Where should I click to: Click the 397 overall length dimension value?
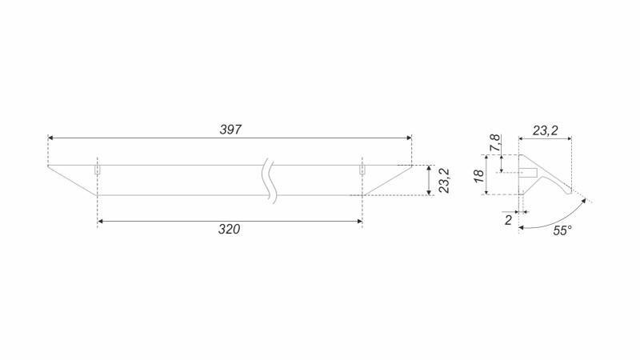coord(230,130)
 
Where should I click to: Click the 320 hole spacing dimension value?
coord(229,229)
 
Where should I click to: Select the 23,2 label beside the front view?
coord(444,181)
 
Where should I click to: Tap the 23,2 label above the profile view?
coord(545,130)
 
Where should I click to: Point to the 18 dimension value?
coord(478,175)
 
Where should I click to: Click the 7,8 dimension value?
coord(495,143)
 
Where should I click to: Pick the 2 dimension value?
coord(508,220)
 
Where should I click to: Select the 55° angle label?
coord(562,230)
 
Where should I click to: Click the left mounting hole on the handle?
coord(97,170)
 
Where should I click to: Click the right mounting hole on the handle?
coord(362,170)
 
